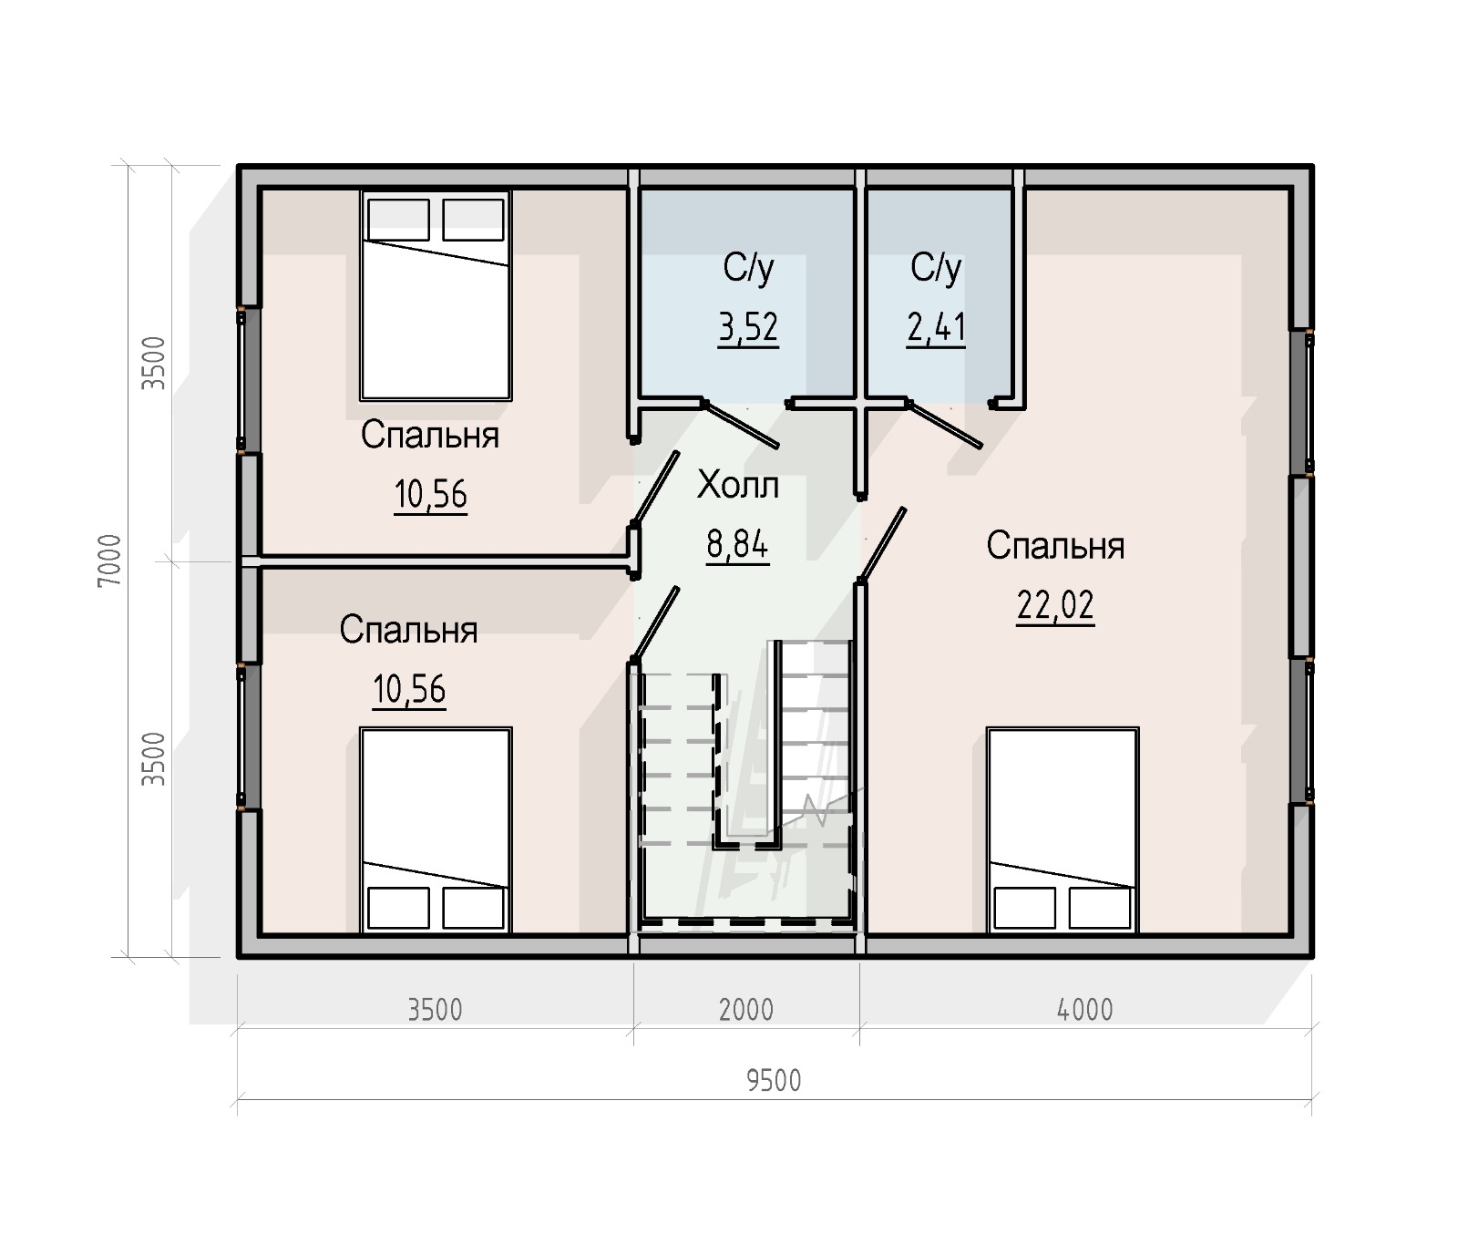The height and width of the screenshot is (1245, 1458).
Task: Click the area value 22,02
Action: click(1055, 604)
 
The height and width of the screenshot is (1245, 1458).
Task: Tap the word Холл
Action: click(738, 485)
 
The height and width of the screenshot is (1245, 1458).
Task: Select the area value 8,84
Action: click(737, 544)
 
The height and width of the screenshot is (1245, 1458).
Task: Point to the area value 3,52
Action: click(748, 327)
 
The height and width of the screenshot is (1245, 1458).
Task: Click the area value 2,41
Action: click(936, 327)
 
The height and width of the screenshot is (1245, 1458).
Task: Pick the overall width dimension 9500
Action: click(774, 1081)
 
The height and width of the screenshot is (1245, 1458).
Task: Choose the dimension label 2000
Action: click(746, 1010)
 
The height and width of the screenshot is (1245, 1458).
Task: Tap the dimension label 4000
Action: click(1085, 1010)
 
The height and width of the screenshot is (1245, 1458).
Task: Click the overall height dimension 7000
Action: click(109, 561)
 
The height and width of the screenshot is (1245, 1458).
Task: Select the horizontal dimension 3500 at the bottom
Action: click(435, 1010)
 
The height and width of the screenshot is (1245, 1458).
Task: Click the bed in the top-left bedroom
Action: click(436, 295)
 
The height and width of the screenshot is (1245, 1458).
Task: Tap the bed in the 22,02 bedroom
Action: click(1063, 830)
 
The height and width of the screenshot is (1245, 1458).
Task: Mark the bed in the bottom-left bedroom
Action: click(436, 830)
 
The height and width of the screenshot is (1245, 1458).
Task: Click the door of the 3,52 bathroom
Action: click(741, 425)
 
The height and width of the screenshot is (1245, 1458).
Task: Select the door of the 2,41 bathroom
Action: click(945, 425)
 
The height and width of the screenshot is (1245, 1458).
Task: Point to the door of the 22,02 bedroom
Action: click(882, 544)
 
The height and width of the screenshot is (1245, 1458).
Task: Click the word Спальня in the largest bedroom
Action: click(1055, 546)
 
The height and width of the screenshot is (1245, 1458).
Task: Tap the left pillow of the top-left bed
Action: click(398, 220)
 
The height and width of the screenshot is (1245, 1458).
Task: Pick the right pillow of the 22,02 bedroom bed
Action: click(1100, 908)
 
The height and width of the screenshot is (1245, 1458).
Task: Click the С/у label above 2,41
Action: click(936, 267)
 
